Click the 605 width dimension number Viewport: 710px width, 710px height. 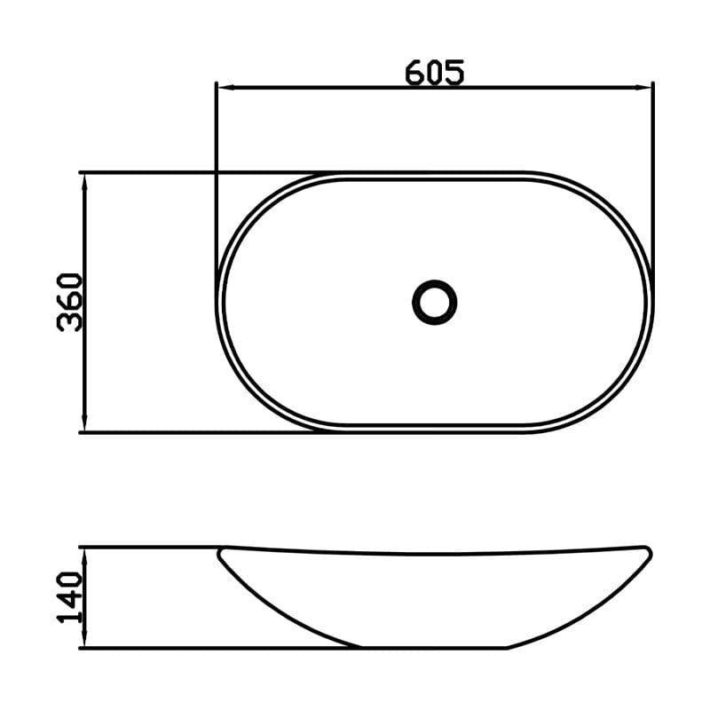click(434, 72)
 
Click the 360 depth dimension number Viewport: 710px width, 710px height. click(70, 302)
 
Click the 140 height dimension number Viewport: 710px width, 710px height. click(70, 597)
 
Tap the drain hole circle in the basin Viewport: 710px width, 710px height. click(434, 302)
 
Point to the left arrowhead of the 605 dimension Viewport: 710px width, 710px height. click(225, 87)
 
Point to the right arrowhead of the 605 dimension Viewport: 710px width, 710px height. click(644, 87)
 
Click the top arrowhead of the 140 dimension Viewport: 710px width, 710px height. click(84, 556)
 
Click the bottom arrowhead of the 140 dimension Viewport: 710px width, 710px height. click(84, 639)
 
